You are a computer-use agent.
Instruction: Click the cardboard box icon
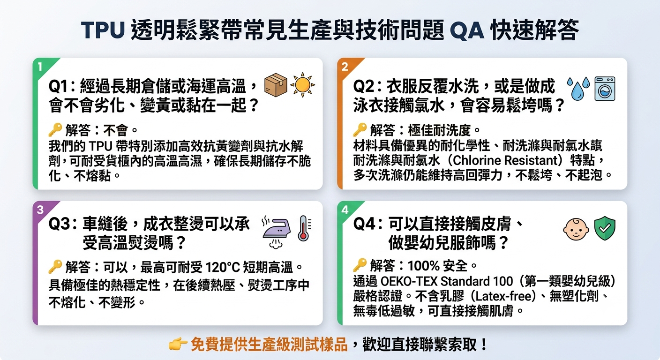click(276, 85)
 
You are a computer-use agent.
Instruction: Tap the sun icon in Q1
click(303, 85)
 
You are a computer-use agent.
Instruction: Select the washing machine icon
click(605, 89)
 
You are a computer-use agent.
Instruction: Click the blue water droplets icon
click(578, 89)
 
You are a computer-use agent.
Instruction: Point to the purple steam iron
click(277, 232)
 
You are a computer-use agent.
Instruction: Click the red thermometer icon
click(304, 229)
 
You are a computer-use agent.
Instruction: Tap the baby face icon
click(576, 229)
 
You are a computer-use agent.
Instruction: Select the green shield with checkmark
click(605, 228)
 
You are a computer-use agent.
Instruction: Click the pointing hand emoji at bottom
click(178, 344)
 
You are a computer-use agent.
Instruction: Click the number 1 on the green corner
click(40, 67)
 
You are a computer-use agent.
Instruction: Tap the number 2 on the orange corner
click(345, 67)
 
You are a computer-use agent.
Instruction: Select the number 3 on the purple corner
click(40, 210)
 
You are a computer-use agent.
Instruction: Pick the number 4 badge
click(345, 210)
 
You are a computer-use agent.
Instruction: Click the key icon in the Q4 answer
click(360, 265)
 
